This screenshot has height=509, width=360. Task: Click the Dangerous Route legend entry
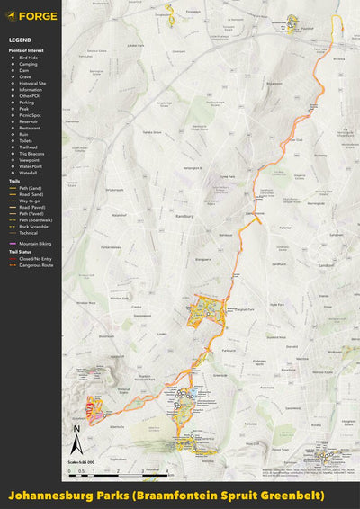[36, 264]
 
